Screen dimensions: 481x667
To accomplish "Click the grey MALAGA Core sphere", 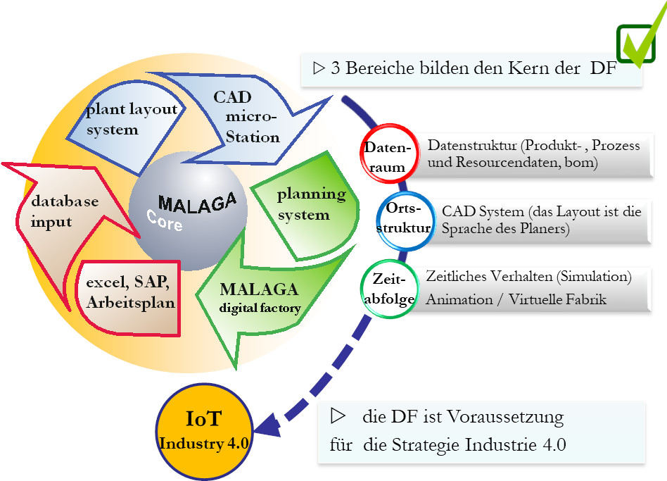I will [x=188, y=215].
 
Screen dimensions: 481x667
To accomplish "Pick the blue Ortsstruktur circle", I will [x=403, y=219].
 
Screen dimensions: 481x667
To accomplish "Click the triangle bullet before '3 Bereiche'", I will [x=319, y=69].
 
